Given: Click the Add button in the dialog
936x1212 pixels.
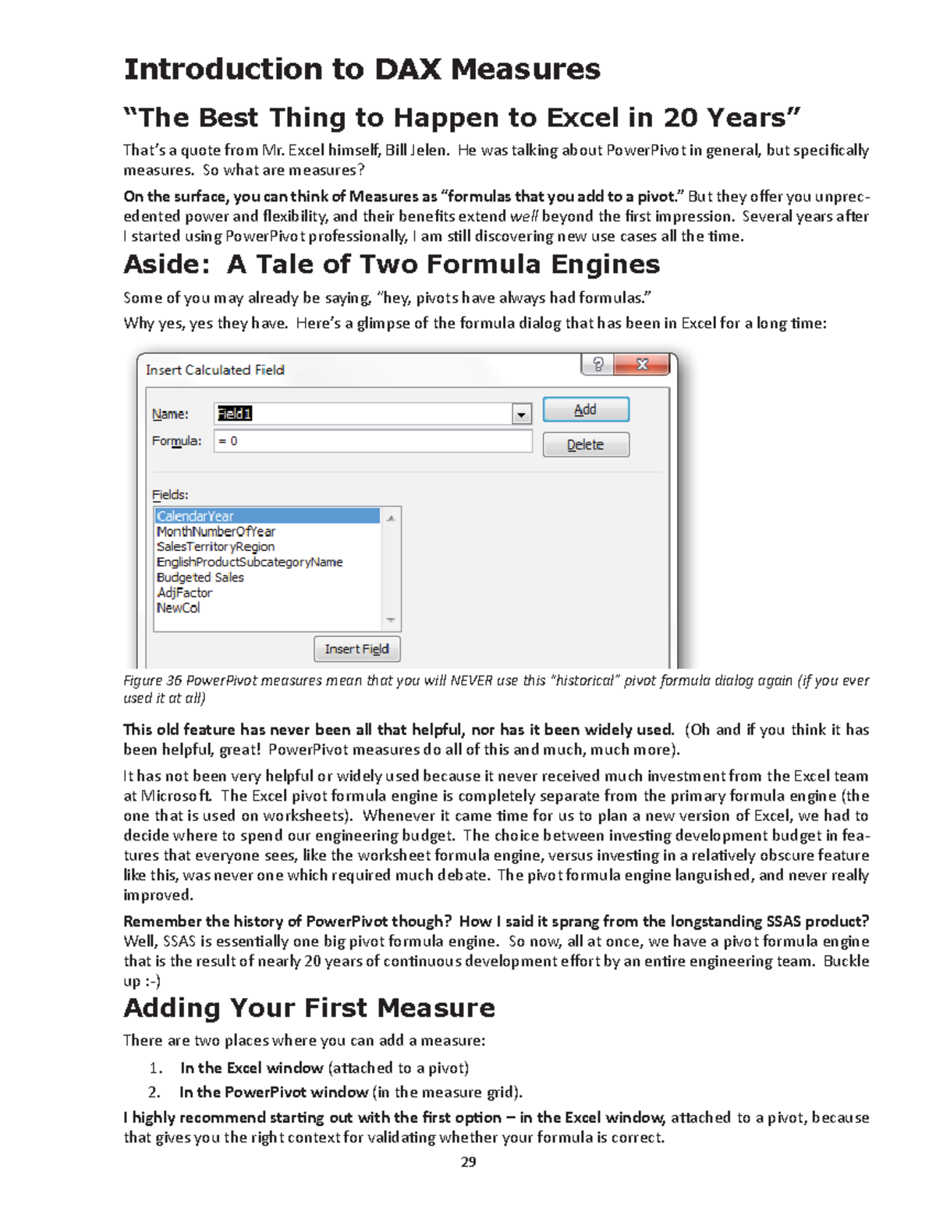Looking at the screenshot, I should (585, 410).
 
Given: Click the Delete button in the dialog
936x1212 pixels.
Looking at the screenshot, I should (585, 445).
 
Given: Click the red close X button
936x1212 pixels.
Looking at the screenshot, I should (642, 364).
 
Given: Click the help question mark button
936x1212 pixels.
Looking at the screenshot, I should (598, 364).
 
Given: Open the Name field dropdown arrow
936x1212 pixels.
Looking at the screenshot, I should (521, 414).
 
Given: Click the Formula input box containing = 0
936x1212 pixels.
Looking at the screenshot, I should (372, 442).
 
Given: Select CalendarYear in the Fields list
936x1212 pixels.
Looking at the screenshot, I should (195, 517).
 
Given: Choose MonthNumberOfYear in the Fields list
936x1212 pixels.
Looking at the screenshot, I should (216, 531).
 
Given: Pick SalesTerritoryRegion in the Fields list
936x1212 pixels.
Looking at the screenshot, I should (215, 547).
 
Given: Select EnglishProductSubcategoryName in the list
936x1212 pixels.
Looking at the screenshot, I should (250, 562).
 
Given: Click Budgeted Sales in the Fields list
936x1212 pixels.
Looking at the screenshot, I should (200, 578).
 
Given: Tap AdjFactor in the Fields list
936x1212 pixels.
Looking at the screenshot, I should (184, 592).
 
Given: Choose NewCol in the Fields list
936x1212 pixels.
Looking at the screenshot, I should (179, 608).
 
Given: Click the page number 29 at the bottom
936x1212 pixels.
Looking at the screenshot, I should (468, 1162).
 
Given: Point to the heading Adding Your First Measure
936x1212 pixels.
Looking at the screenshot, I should (309, 1008).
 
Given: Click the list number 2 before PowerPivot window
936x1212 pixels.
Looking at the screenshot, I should (154, 1093).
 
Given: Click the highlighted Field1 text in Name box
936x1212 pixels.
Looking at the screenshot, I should (235, 414).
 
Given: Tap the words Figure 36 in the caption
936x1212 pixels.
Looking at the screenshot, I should (152, 681).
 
